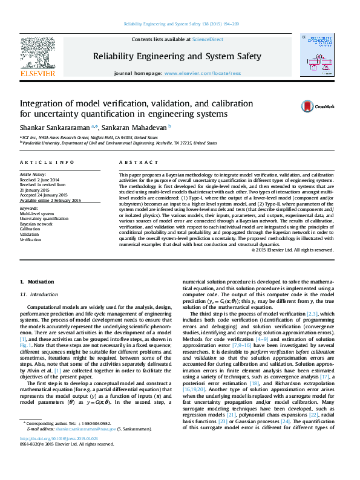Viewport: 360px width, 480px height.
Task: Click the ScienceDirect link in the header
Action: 208,39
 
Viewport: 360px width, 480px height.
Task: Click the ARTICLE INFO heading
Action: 39,163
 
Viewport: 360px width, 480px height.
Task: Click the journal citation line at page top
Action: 179,24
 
